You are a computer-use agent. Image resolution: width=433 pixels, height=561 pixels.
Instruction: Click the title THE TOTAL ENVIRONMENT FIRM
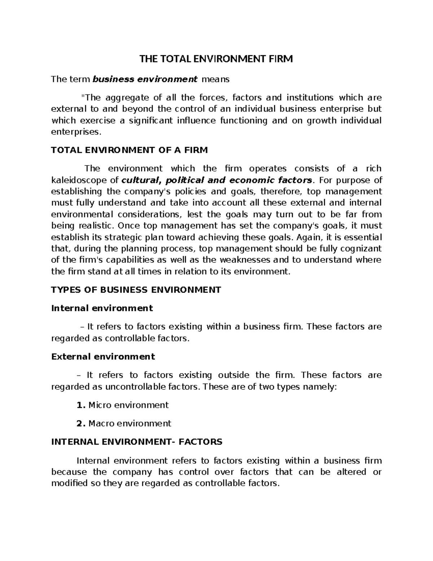click(216, 59)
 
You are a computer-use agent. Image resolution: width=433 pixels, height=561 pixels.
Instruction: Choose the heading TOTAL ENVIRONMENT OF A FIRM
click(130, 150)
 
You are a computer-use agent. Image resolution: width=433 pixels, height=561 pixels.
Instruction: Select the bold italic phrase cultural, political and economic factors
click(217, 180)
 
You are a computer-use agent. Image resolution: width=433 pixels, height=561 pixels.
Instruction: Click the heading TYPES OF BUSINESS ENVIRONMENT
click(136, 290)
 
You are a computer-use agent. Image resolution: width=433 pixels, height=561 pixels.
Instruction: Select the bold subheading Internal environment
click(102, 308)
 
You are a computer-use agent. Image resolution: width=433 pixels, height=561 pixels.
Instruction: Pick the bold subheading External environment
click(103, 357)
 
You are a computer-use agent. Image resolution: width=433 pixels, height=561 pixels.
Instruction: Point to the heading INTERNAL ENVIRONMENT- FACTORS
click(137, 442)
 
